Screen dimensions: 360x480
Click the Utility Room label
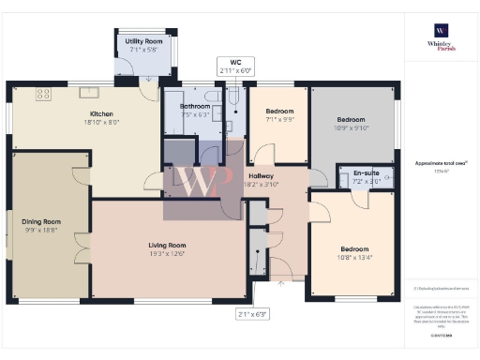(145, 41)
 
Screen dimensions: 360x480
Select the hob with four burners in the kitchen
(44, 92)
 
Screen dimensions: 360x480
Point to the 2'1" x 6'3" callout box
(252, 314)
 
